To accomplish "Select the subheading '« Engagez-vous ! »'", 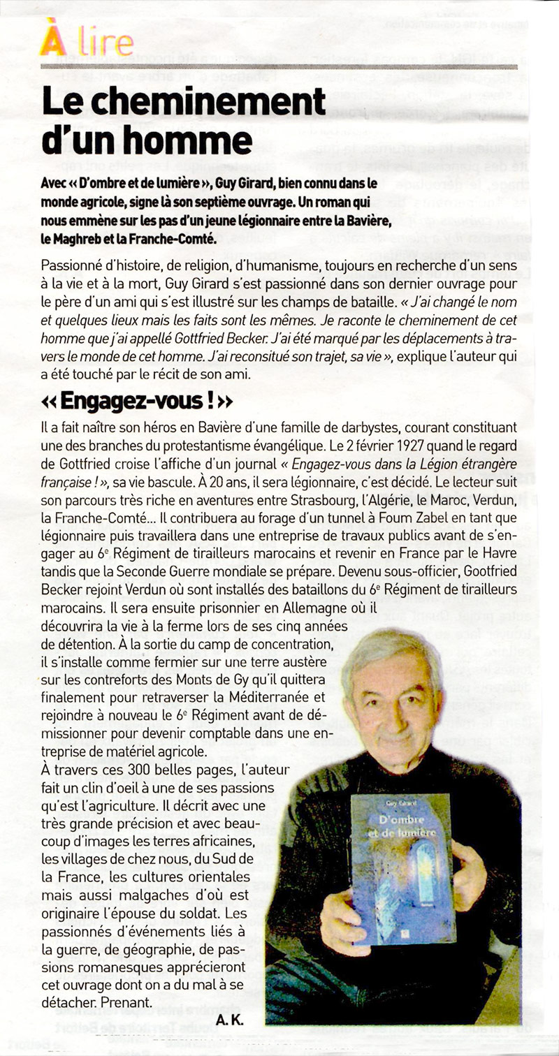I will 137,402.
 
